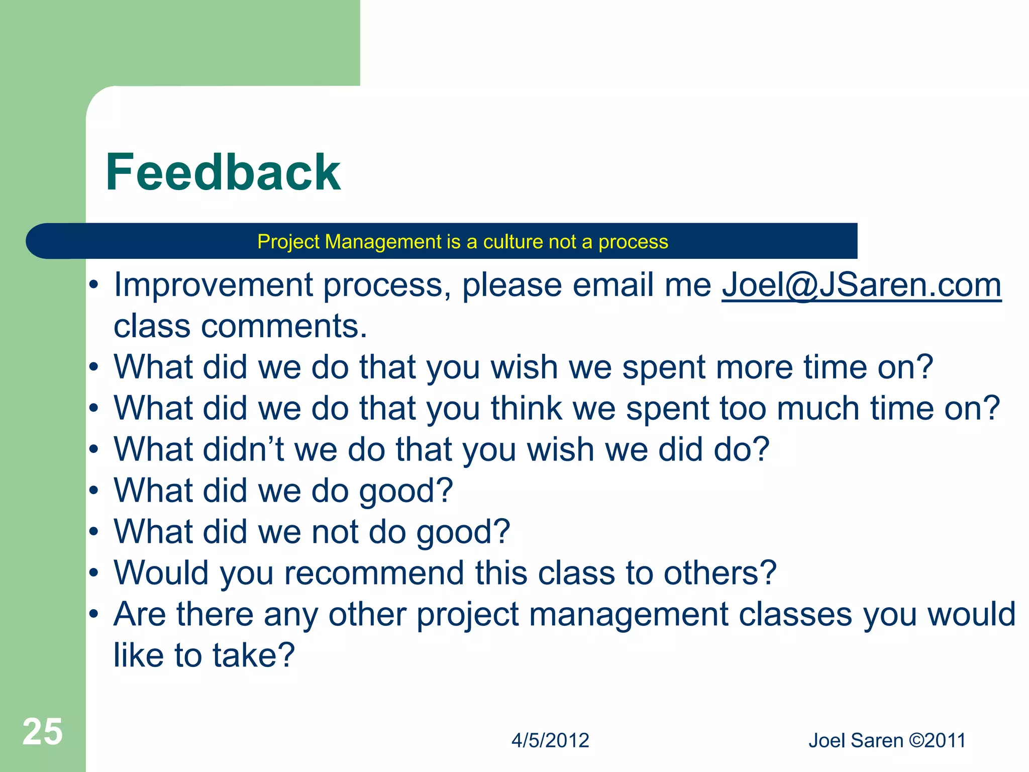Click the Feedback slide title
[223, 172]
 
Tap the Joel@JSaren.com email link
[861, 285]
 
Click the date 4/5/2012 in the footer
[550, 740]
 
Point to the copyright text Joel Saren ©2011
[887, 740]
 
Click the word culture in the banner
[513, 242]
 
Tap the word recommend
[374, 573]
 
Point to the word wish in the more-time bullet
[524, 367]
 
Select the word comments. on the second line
[284, 326]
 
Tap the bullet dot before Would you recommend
[93, 573]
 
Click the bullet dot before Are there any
[93, 614]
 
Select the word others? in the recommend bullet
[720, 573]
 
